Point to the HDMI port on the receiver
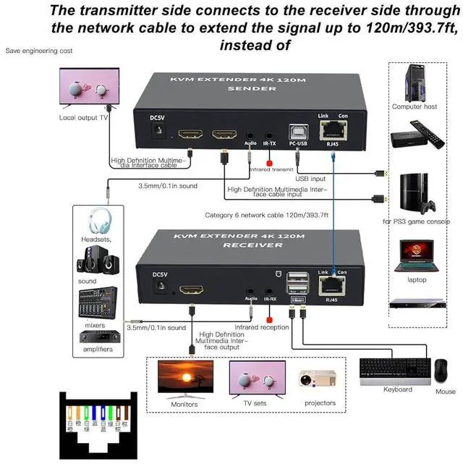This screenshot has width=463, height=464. (192, 290)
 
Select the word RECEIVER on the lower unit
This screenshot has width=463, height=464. (242, 245)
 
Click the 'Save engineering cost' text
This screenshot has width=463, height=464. (39, 51)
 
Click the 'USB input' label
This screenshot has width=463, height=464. (311, 178)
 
